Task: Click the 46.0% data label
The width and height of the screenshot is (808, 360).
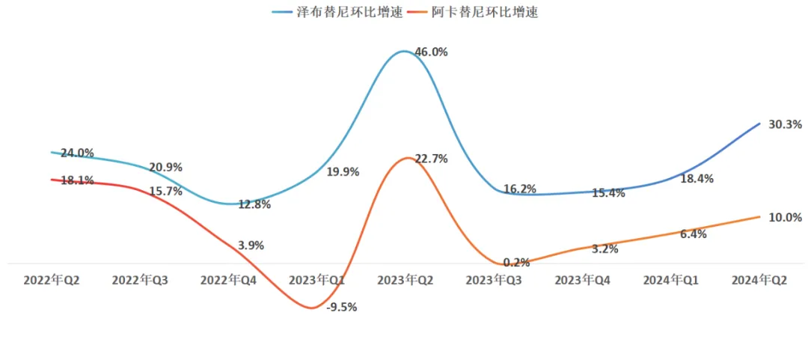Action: pos(431,52)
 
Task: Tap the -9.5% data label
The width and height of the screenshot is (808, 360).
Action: pos(342,307)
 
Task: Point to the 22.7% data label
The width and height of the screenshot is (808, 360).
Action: pos(431,159)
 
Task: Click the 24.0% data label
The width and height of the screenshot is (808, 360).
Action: pos(77,153)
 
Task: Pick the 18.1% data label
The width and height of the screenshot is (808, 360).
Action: pos(77,180)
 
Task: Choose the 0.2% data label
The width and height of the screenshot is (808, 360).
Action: pos(516,263)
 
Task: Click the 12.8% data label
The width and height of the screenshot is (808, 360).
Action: pos(254,204)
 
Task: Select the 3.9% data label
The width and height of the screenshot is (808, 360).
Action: pos(250,245)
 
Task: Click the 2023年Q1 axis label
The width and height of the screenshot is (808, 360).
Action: pos(316,280)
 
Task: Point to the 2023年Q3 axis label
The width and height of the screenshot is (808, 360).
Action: pos(494,280)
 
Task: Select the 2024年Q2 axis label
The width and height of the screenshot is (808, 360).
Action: pos(759,280)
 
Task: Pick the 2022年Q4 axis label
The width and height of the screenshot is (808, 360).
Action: pos(228,280)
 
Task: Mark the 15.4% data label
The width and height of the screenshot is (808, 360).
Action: pos(607,193)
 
